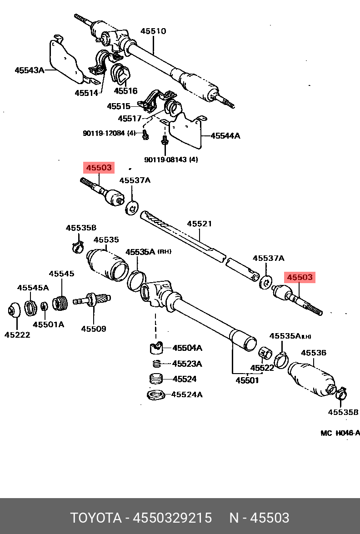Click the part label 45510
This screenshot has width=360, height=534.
click(x=153, y=31)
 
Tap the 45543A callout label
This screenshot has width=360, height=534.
click(x=30, y=70)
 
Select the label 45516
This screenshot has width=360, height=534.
click(x=125, y=90)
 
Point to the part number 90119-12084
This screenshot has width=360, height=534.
click(x=104, y=133)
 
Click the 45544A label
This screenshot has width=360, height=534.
click(x=225, y=135)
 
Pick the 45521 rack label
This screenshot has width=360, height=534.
click(x=199, y=224)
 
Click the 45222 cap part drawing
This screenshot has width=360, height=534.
click(x=14, y=310)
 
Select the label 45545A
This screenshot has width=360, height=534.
click(x=33, y=287)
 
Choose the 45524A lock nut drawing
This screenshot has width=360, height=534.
click(x=156, y=395)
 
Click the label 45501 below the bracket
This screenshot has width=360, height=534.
click(x=247, y=380)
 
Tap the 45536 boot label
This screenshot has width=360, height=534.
click(x=314, y=353)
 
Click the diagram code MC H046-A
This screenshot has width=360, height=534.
click(x=340, y=433)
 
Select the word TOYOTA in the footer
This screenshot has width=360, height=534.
click(x=96, y=518)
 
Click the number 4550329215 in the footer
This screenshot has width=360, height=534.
click(x=172, y=518)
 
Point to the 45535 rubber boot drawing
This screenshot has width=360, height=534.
click(x=107, y=266)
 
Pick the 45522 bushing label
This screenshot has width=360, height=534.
click(x=262, y=368)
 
